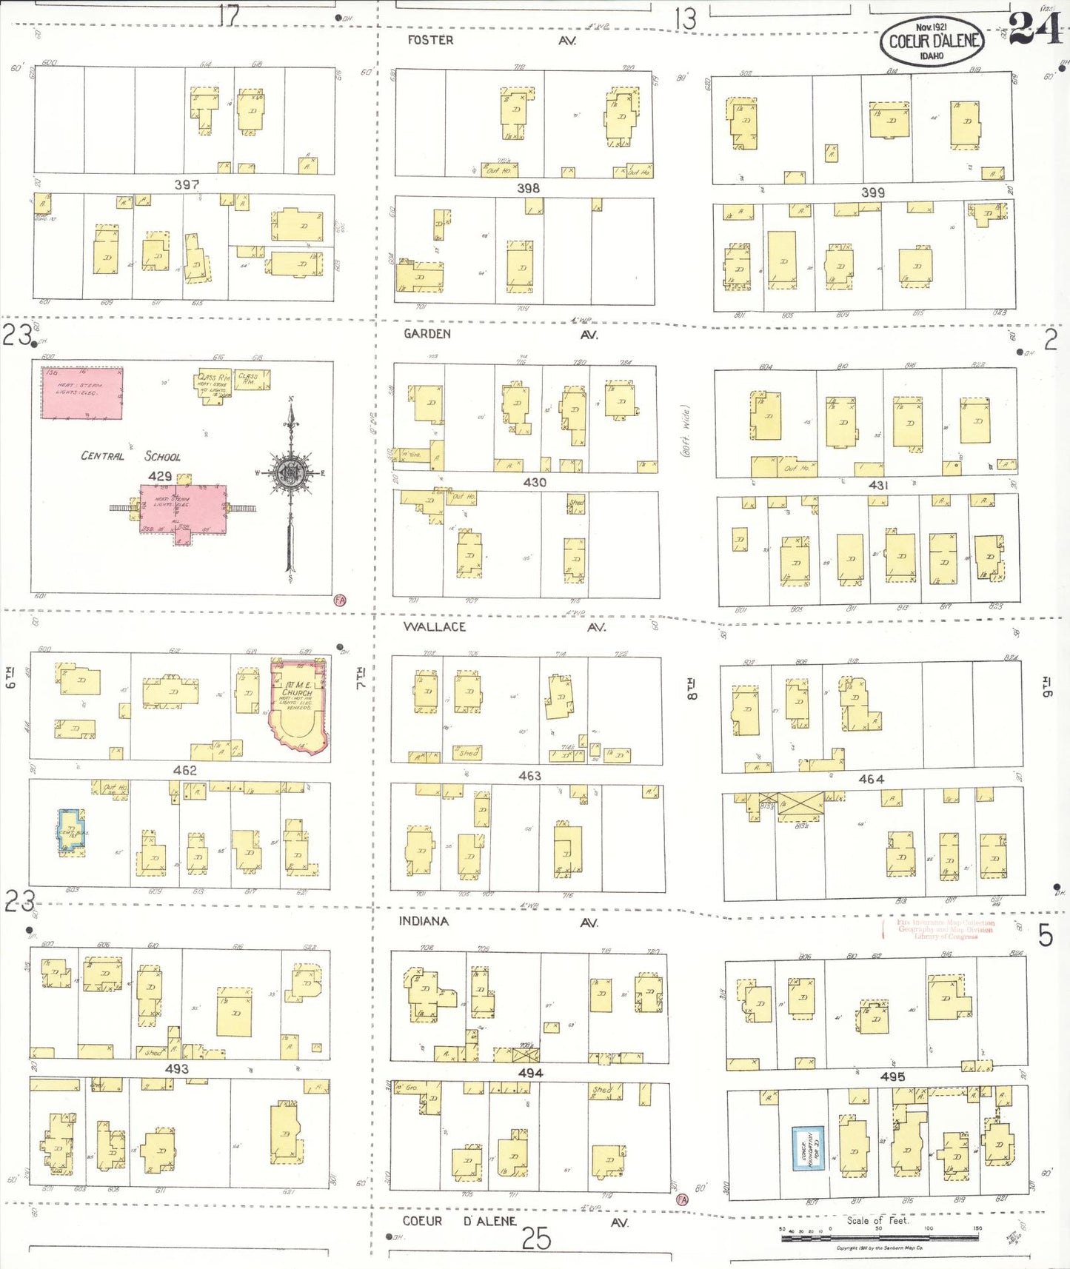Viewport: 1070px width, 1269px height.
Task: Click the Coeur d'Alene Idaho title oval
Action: click(x=932, y=41)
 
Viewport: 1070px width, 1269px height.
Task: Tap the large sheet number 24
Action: click(x=1035, y=30)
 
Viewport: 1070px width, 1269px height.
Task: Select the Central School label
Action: click(x=130, y=456)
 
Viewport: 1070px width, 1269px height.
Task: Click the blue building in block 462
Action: click(x=71, y=831)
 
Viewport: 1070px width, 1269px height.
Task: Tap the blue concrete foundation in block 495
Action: click(x=808, y=1148)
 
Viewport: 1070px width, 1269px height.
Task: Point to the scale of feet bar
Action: click(x=879, y=1236)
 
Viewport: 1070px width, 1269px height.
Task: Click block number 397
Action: click(x=187, y=184)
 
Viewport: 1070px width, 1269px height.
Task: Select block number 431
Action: click(x=878, y=485)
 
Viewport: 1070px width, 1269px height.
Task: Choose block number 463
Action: click(x=529, y=776)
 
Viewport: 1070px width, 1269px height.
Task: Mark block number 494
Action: click(x=530, y=1073)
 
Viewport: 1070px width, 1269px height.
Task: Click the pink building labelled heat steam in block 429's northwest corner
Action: click(x=81, y=393)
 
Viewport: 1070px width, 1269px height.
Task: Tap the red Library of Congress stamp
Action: click(x=945, y=929)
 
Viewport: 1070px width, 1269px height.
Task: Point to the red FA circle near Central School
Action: click(x=340, y=600)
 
